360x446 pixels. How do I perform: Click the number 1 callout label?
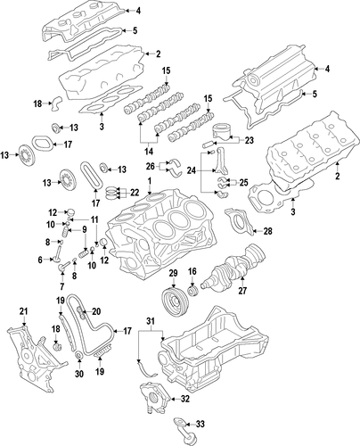coord(150,180)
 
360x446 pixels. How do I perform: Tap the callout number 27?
coord(242,291)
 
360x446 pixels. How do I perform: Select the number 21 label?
coord(23,311)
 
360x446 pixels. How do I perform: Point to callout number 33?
coord(200,424)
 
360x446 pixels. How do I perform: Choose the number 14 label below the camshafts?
coord(149,152)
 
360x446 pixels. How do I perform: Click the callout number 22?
coord(135,193)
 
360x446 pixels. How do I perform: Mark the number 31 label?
coord(151,321)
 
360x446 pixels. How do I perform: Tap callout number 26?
coord(151,166)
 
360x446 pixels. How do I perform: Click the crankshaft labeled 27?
coord(233,267)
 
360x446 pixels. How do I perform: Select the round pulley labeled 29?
coord(174,301)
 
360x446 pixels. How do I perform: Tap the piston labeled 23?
coord(222,131)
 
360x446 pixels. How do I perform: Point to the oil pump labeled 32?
coord(154,397)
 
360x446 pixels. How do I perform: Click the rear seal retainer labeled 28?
coord(239,221)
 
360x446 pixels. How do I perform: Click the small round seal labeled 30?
coord(79,355)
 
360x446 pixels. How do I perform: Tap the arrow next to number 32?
coord(175,400)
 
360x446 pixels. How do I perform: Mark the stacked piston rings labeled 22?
coord(111,193)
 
